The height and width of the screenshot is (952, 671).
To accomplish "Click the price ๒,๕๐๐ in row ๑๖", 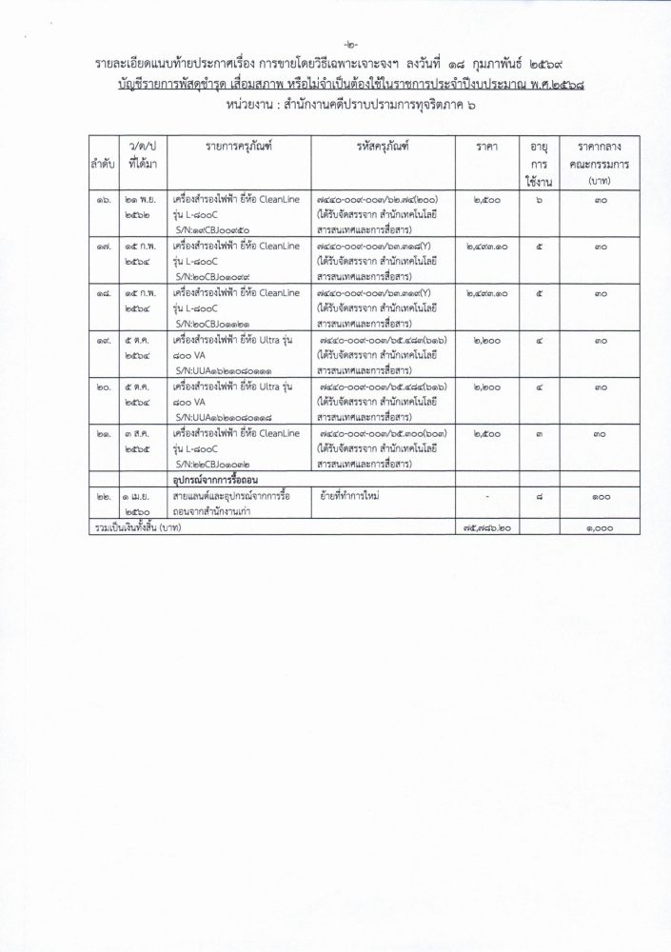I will point(491,203).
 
